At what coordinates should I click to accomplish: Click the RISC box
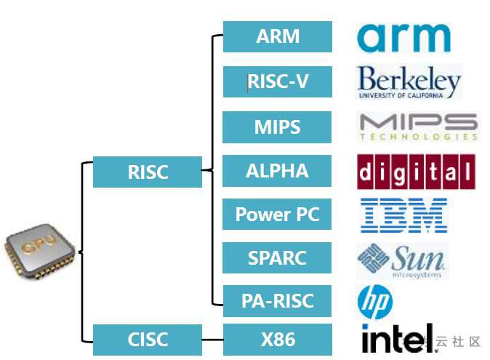pos(148,172)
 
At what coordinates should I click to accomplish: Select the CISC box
pos(148,339)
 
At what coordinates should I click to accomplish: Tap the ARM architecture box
pos(277,36)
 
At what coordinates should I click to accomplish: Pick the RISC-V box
pos(277,81)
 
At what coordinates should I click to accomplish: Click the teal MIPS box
pos(277,127)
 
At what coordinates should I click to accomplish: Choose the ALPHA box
pos(277,171)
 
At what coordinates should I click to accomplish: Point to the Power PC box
pos(277,215)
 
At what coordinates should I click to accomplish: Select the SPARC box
pos(277,257)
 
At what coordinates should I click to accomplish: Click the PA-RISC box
pos(277,300)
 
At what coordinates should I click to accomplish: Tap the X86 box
pos(277,339)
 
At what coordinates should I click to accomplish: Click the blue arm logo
pos(404,37)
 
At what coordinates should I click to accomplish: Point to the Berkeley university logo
pos(409,82)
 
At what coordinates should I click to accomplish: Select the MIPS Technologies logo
pos(419,127)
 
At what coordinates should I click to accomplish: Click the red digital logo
pos(415,172)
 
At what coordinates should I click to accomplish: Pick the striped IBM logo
pos(404,215)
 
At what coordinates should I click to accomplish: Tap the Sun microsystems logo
pos(401,260)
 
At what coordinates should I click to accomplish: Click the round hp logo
pos(375,302)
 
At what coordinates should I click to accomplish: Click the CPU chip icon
pos(40,255)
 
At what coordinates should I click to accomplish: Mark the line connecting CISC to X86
pos(212,339)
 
